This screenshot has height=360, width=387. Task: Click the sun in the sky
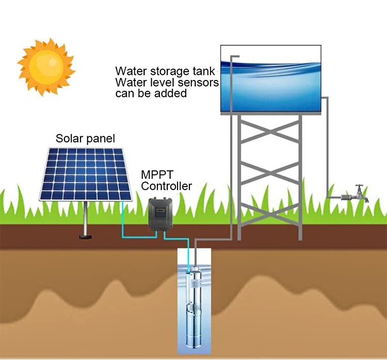pos(46,67)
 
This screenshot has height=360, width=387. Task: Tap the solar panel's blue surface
pos(85,174)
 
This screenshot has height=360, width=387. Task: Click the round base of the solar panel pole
pos(85,237)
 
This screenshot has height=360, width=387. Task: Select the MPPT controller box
pos(160,214)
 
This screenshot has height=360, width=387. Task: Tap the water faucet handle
pos(359,186)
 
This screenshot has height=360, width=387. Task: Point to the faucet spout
pos(366,199)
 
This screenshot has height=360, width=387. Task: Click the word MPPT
pos(157,175)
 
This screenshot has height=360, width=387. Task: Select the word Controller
pos(166,186)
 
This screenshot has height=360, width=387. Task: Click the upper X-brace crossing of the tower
pos(270,132)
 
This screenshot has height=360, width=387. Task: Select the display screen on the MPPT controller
pos(159,210)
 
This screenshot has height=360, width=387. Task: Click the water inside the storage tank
pos(271,86)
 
